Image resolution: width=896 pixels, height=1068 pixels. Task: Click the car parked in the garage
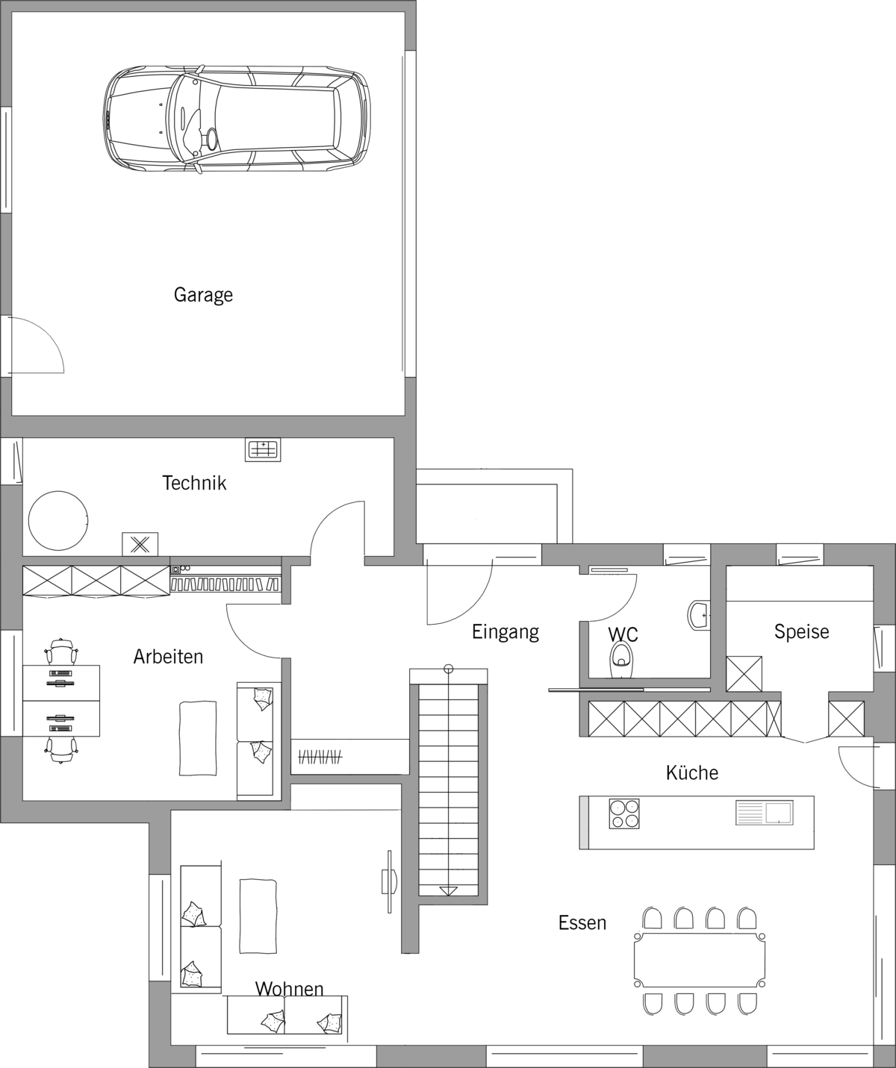click(x=237, y=119)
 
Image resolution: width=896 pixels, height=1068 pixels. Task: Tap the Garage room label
click(x=203, y=295)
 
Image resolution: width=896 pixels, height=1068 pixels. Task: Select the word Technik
click(x=194, y=483)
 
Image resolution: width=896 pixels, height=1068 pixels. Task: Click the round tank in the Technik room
click(x=57, y=521)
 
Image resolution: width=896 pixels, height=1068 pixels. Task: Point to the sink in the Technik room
click(x=263, y=450)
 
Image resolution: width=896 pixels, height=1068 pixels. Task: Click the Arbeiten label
click(x=168, y=656)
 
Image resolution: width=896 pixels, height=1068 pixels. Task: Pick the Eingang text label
click(x=505, y=632)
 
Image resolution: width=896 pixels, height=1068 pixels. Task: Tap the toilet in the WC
click(x=621, y=660)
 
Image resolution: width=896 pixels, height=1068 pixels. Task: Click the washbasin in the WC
click(x=699, y=615)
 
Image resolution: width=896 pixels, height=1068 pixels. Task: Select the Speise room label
click(x=801, y=631)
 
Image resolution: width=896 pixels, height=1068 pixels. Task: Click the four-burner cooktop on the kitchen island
click(x=624, y=814)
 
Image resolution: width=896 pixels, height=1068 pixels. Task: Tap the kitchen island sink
click(x=765, y=813)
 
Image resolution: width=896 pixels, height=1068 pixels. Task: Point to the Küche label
click(x=692, y=772)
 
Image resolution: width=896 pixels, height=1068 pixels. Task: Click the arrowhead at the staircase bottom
click(x=448, y=892)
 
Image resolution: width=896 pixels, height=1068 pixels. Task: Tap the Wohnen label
click(x=289, y=989)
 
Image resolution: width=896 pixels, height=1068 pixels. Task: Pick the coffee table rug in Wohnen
click(x=258, y=916)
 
